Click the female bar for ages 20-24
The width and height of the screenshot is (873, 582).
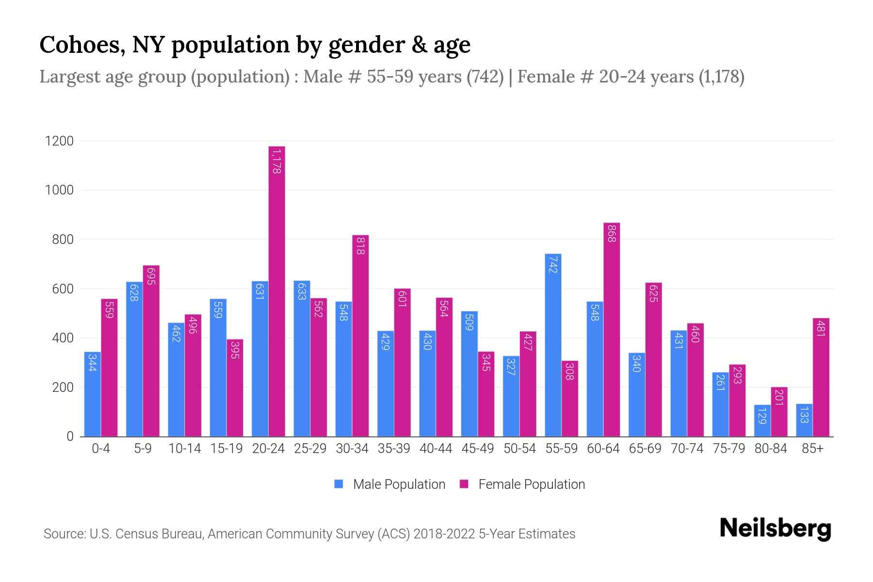pos(276,291)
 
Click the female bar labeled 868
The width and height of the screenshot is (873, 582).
pos(612,330)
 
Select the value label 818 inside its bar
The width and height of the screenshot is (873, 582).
pos(360,246)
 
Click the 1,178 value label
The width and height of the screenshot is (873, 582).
pos(276,162)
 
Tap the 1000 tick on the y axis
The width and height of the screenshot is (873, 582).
pos(59,190)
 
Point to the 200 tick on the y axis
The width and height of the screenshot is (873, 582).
pos(62,388)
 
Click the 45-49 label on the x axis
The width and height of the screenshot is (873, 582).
pos(477,449)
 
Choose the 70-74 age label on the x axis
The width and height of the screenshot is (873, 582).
pos(687,449)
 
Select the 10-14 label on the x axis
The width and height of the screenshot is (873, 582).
pos(184,449)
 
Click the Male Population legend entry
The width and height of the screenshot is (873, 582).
pos(399,485)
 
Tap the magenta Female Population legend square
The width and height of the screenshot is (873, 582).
pos(464,484)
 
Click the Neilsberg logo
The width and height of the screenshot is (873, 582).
pos(775,529)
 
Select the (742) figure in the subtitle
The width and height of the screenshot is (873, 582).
pos(485,77)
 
